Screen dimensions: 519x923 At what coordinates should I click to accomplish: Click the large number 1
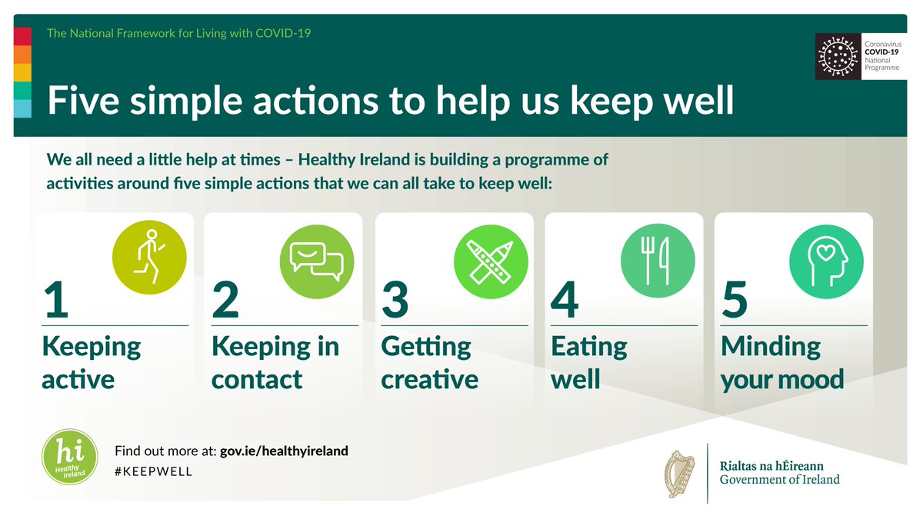tap(56, 300)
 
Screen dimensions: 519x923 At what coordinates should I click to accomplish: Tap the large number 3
tap(395, 300)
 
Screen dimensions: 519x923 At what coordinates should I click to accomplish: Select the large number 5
tap(735, 300)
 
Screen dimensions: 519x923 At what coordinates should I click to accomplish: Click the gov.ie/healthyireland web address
tap(284, 451)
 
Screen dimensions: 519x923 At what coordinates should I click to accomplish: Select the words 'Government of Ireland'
tap(779, 480)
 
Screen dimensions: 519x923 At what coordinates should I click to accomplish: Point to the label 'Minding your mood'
tap(781, 363)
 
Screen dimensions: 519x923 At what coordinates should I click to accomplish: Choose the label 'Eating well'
tap(589, 363)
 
